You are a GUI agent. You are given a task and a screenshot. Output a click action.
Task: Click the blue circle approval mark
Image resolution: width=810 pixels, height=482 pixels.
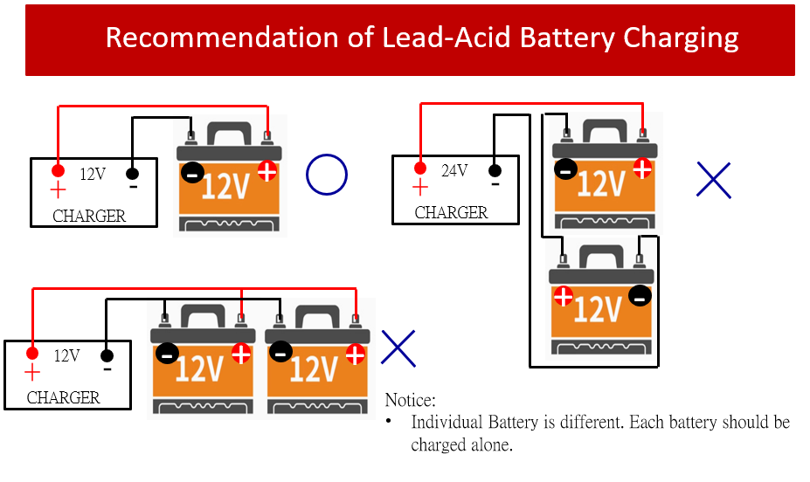pos(327,175)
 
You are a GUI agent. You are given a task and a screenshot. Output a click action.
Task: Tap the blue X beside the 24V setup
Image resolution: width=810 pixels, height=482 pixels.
pos(714,180)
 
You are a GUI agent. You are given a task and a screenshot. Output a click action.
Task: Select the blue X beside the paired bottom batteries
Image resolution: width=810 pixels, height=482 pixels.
pos(398,348)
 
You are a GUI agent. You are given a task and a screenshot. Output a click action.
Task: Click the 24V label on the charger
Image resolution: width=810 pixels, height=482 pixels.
pos(454,171)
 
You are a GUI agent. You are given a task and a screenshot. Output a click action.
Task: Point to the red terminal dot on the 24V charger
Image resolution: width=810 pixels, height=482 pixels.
pos(420,168)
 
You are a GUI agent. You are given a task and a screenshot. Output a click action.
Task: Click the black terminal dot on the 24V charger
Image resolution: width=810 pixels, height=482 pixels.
pos(495,170)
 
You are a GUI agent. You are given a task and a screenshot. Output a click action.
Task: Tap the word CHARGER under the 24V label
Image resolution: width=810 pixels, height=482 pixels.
pos(451,213)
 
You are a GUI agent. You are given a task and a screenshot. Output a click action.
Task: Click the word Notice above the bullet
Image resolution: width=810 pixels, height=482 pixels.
pos(410,401)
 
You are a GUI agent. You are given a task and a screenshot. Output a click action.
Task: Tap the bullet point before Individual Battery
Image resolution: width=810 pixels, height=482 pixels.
pos(389,423)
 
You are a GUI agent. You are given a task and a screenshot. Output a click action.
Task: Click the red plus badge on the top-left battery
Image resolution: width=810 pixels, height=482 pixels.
pos(267,171)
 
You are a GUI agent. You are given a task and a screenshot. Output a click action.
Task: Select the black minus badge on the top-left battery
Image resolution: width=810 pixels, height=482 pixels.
pos(192,173)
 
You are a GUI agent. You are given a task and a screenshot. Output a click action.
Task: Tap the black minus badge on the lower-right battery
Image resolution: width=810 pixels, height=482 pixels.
pos(640,296)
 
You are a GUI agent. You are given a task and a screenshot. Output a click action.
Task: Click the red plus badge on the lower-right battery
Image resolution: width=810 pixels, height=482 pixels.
pos(564,296)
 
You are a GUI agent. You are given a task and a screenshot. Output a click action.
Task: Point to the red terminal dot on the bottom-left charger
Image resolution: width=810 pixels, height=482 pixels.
pos(32,354)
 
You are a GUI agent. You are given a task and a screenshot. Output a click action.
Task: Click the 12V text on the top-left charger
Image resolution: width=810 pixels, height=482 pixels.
pos(93,175)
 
